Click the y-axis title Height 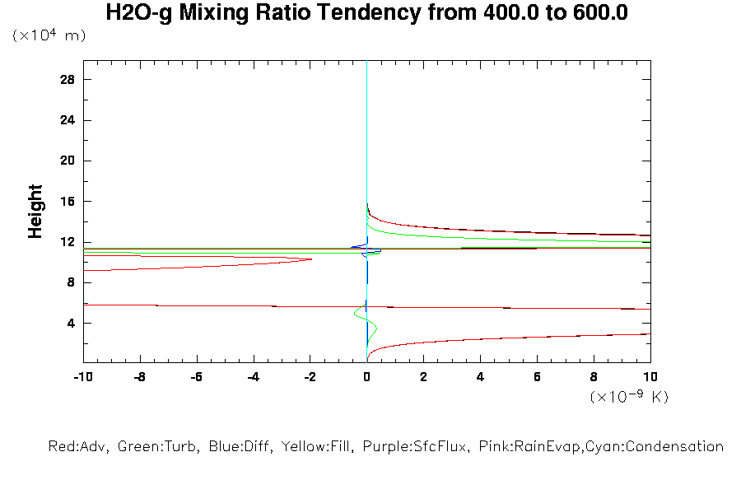coord(35,212)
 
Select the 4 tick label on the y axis coord(71,323)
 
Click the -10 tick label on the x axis coord(82,377)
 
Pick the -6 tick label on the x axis coord(196,377)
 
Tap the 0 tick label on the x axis coord(366,377)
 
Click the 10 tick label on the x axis coord(650,377)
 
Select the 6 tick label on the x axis coord(537,377)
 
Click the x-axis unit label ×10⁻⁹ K coord(629,397)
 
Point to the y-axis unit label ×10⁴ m coord(49,35)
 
